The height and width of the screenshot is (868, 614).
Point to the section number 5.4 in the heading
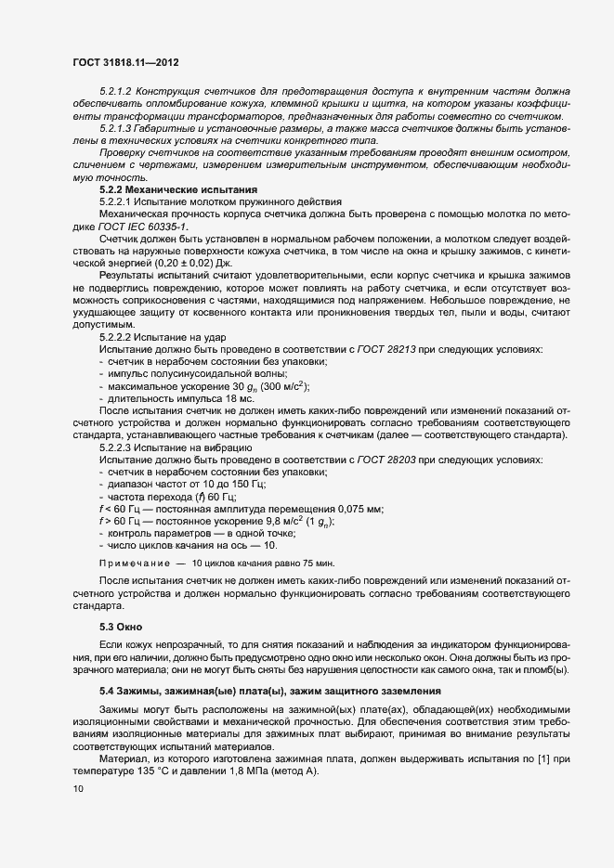[x=107, y=692]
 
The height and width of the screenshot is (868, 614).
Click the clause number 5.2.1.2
[x=117, y=94]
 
